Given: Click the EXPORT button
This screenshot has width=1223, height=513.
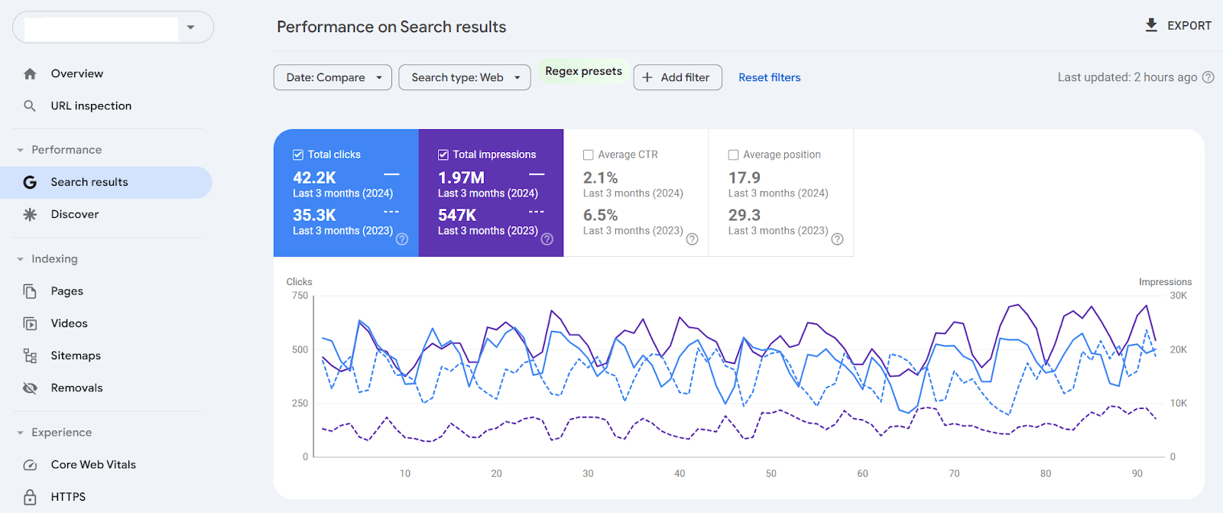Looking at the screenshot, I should point(1178,26).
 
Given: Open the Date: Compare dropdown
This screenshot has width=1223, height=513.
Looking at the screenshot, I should point(333,77).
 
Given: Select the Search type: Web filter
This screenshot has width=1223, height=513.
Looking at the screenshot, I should point(464,77).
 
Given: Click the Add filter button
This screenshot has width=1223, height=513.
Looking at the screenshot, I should point(677,77).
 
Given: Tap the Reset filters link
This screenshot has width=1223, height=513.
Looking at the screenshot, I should point(769,77).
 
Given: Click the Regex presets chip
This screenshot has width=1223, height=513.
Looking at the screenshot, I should point(583,71).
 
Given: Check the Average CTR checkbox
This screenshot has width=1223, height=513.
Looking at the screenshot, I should point(589,154).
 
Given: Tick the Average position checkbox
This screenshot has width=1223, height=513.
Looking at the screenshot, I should point(733,154).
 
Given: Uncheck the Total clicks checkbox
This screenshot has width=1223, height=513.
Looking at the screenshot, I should point(298,154).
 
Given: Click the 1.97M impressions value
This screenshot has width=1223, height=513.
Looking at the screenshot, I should point(461,177).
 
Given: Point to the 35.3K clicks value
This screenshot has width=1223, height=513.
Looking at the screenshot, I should point(314,215).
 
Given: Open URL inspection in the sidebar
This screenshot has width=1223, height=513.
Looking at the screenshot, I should point(91,106).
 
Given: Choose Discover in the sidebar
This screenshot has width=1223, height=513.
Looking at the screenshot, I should point(75,214).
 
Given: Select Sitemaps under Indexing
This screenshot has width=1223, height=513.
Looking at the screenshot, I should point(76,356).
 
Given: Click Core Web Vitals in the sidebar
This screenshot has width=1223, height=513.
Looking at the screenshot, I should point(93,464).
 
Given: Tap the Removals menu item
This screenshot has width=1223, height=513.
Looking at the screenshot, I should point(76,388).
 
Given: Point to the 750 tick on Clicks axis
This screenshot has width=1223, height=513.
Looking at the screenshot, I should point(300,296).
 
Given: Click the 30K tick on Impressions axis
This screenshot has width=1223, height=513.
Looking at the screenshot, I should point(1178,296).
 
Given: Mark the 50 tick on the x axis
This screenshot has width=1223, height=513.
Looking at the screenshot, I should point(771,473).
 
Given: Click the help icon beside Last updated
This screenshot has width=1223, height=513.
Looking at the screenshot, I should point(1208,77).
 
